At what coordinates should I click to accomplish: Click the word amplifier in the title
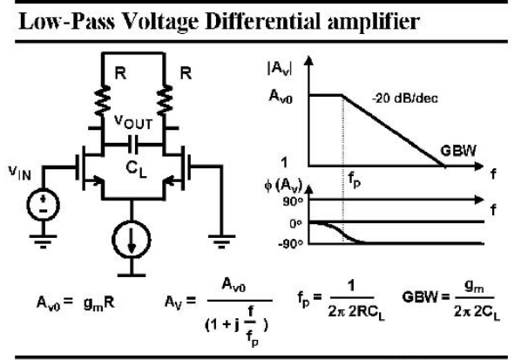[373, 23]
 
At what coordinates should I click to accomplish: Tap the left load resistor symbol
[102, 100]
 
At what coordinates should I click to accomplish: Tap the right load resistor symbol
[165, 100]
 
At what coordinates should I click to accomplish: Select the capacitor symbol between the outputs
[133, 145]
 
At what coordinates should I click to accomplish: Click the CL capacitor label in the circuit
[136, 169]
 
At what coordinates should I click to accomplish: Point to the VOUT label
[133, 122]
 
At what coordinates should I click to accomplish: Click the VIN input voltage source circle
[43, 205]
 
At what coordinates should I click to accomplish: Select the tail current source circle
[132, 239]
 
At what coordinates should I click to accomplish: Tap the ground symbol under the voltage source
[43, 241]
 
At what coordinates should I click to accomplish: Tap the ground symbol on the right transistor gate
[221, 241]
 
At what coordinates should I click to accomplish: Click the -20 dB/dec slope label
[404, 98]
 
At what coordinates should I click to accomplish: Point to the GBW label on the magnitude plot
[458, 151]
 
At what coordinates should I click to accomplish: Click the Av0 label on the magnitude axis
[281, 97]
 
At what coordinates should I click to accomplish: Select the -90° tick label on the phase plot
[290, 243]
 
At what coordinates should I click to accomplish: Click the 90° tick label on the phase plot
[293, 201]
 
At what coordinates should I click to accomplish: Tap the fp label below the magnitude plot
[354, 180]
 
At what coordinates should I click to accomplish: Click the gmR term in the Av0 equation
[98, 303]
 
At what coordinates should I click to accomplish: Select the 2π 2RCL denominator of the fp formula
[356, 312]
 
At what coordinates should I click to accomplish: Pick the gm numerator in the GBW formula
[474, 287]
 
